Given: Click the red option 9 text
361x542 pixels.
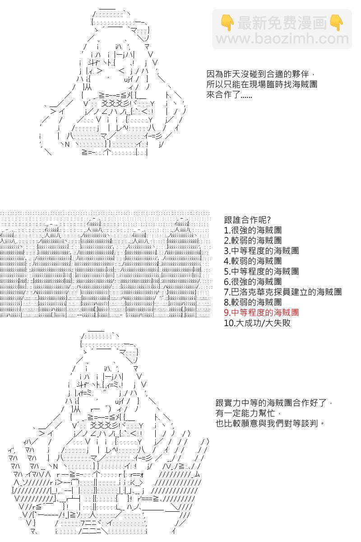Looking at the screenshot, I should pyautogui.click(x=261, y=313).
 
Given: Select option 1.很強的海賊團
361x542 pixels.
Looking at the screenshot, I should pyautogui.click(x=253, y=230).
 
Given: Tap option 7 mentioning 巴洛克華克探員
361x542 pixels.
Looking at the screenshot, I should pyautogui.click(x=282, y=292).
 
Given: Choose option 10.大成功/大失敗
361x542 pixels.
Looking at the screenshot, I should pyautogui.click(x=257, y=323).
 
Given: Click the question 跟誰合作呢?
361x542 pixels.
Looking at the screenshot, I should pyautogui.click(x=247, y=220).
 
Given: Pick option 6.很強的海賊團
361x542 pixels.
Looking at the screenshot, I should pyautogui.click(x=253, y=281).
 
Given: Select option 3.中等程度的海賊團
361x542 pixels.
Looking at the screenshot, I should pyautogui.click(x=261, y=251).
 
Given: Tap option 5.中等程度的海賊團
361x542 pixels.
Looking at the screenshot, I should pyautogui.click(x=261, y=271).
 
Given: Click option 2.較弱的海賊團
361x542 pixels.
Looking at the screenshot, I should pyautogui.click(x=253, y=240).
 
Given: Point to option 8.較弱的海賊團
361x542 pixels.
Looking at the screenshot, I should pyautogui.click(x=253, y=302).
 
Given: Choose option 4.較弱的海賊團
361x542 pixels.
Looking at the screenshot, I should pyautogui.click(x=253, y=261).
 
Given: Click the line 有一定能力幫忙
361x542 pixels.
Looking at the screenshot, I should pyautogui.click(x=248, y=413).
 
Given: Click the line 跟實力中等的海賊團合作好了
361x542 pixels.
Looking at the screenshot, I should pyautogui.click(x=274, y=402).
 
